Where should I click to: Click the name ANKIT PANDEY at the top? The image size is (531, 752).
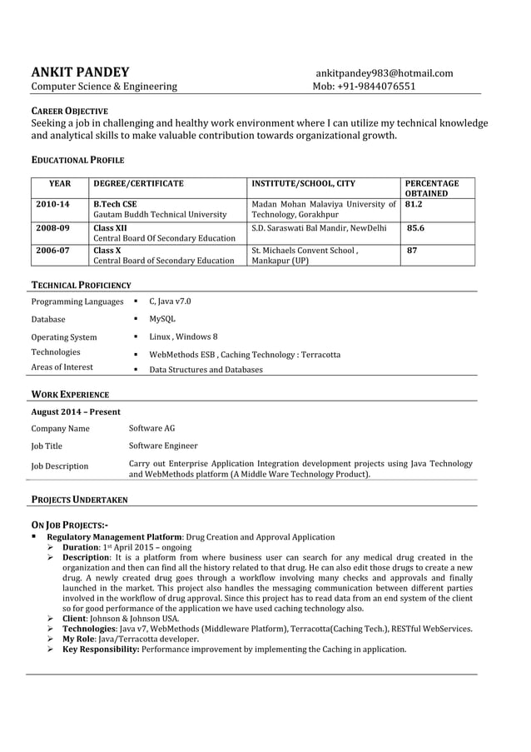[80, 72]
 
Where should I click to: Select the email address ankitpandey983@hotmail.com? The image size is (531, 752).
[384, 73]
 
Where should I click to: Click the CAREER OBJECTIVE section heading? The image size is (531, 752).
[69, 111]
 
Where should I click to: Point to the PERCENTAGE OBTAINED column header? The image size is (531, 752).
[431, 188]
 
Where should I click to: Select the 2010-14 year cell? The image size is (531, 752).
[52, 204]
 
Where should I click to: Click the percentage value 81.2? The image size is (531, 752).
[414, 204]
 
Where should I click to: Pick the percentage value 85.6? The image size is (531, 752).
[415, 227]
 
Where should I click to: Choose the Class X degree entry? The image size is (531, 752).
[107, 250]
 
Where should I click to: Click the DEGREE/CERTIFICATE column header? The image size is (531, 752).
[138, 183]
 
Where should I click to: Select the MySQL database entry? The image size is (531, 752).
[162, 319]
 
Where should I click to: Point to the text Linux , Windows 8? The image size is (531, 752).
[183, 336]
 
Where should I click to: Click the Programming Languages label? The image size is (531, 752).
[77, 301]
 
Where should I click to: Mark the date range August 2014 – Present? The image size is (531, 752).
[76, 411]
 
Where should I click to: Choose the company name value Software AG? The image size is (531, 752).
[152, 428]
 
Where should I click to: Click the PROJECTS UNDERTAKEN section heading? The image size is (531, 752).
[79, 500]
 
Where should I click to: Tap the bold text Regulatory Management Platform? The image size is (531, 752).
[114, 537]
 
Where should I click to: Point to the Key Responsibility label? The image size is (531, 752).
[101, 649]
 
